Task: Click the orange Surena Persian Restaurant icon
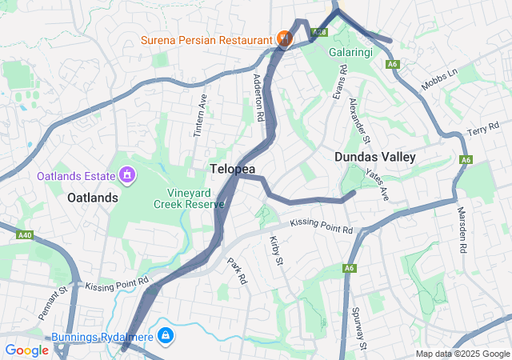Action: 282,38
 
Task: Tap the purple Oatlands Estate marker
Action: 126,174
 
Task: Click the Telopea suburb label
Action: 233,169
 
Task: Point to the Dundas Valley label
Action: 375,157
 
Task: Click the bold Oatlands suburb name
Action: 93,197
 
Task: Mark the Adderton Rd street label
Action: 258,98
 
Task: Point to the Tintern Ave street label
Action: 200,117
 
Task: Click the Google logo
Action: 26,350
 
